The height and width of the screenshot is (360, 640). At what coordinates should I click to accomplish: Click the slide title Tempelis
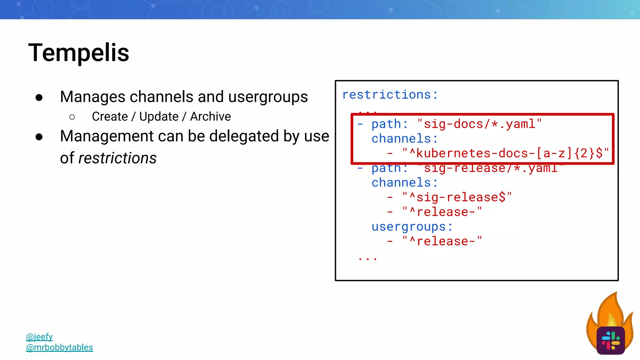(x=79, y=52)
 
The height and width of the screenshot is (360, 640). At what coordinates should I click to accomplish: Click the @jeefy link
(x=39, y=337)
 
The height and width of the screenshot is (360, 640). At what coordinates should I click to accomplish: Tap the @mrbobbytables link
(x=59, y=347)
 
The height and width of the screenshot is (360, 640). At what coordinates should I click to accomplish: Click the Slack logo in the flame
(x=610, y=341)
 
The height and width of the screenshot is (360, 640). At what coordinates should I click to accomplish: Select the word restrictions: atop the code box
(x=390, y=94)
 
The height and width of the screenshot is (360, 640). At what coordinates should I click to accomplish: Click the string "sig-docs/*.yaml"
(x=479, y=124)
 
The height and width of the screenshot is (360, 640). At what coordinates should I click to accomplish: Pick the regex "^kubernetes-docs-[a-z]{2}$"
(x=505, y=153)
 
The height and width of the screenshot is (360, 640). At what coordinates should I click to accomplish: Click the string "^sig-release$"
(x=457, y=197)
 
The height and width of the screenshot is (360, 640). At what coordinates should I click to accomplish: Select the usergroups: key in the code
(x=412, y=227)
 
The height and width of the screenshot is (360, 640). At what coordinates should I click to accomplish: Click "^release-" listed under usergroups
(x=442, y=241)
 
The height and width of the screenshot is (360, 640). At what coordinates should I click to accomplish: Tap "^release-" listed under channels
(x=442, y=212)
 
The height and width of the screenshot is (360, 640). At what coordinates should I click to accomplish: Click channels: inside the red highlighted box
(x=404, y=139)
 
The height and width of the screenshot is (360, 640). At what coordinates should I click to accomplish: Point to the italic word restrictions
(x=117, y=158)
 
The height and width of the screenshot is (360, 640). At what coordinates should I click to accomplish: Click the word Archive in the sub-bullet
(x=210, y=117)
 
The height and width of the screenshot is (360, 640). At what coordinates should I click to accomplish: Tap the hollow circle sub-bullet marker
(x=72, y=117)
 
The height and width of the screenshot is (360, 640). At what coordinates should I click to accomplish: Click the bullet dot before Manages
(x=39, y=98)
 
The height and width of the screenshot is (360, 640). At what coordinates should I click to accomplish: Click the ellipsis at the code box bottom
(x=368, y=259)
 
